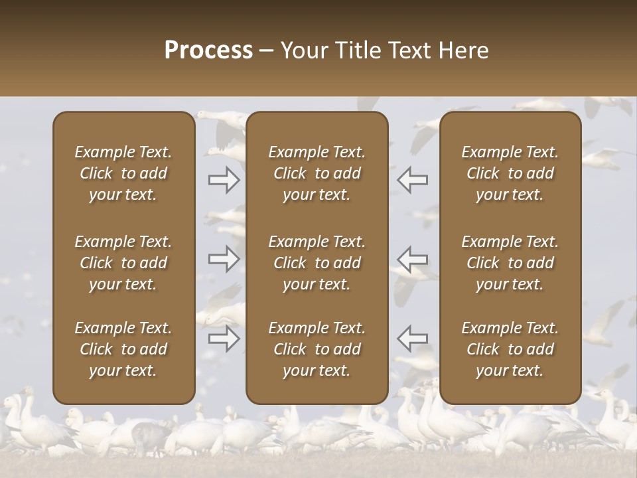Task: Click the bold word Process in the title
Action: pos(208,50)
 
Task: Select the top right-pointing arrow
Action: pos(224,180)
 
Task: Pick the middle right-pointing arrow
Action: pos(224,259)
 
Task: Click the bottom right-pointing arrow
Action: pos(224,339)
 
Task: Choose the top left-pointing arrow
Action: pos(413,180)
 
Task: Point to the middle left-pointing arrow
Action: pos(413,259)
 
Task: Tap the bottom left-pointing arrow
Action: pos(413,339)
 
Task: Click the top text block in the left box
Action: pos(123,173)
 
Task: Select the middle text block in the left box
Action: pos(123,263)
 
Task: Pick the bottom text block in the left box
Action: pos(123,349)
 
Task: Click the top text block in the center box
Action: pos(317,173)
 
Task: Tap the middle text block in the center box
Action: pos(317,263)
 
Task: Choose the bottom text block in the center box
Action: pos(317,349)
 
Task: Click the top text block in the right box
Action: pos(510,173)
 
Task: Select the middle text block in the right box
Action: pos(510,263)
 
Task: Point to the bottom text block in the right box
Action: pos(510,349)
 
